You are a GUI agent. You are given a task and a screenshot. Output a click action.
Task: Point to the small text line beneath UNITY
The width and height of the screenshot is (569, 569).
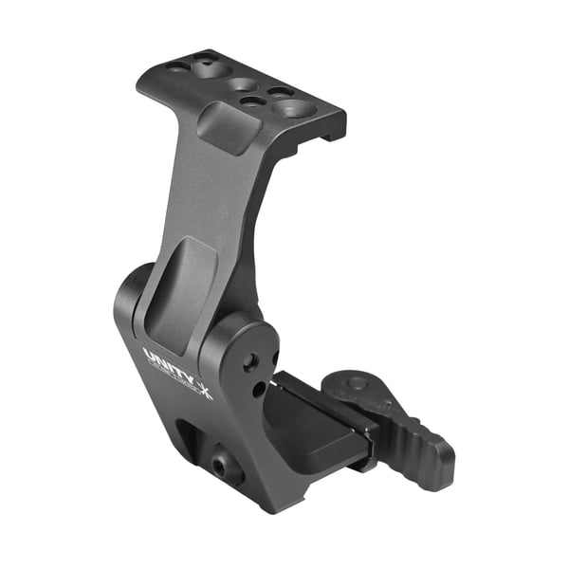pyautogui.click(x=171, y=376)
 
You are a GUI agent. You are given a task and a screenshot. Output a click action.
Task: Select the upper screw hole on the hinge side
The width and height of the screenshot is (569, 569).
pyautogui.click(x=249, y=361)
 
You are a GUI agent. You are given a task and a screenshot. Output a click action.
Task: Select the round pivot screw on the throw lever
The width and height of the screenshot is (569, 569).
pyautogui.click(x=356, y=383)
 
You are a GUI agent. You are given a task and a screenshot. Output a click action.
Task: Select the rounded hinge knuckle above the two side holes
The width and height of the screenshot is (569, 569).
pyautogui.click(x=248, y=332)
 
